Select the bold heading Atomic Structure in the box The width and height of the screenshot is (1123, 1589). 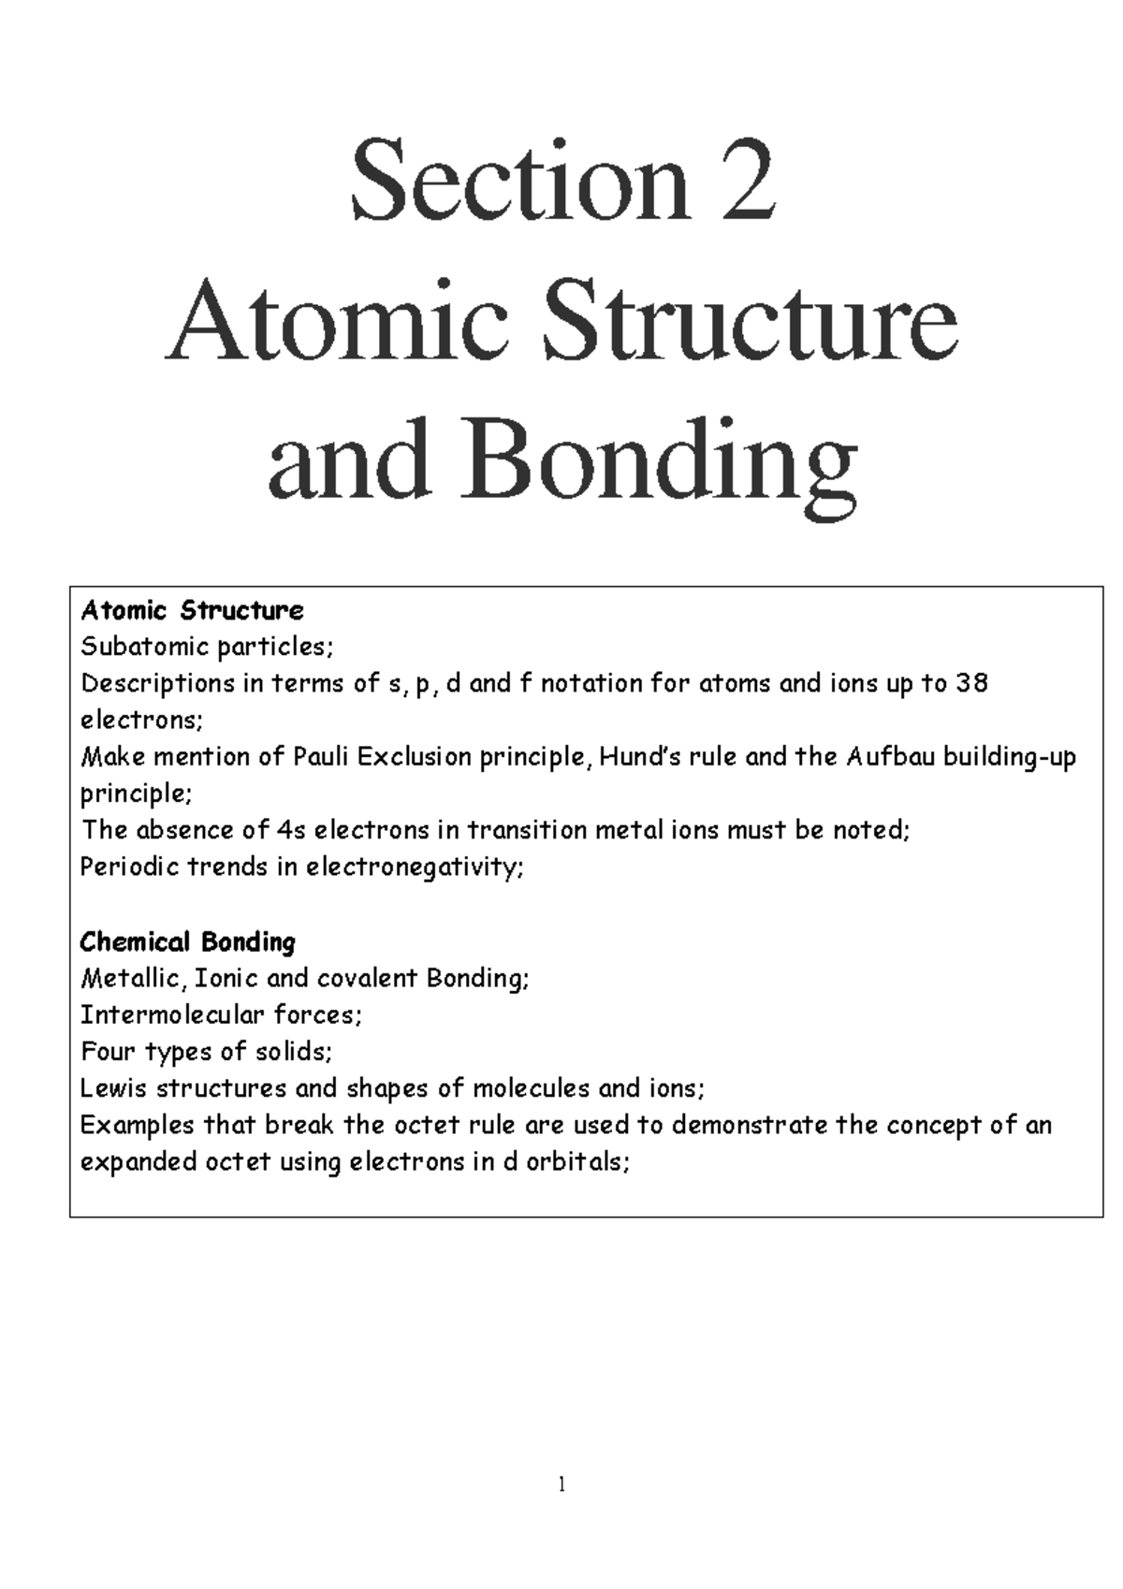[x=192, y=611]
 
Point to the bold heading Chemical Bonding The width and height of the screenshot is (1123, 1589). [x=187, y=941]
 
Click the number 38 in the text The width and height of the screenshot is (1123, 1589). [x=971, y=684]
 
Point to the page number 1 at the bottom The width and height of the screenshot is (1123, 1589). [x=561, y=1484]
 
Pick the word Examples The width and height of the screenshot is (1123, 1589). [x=137, y=1125]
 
